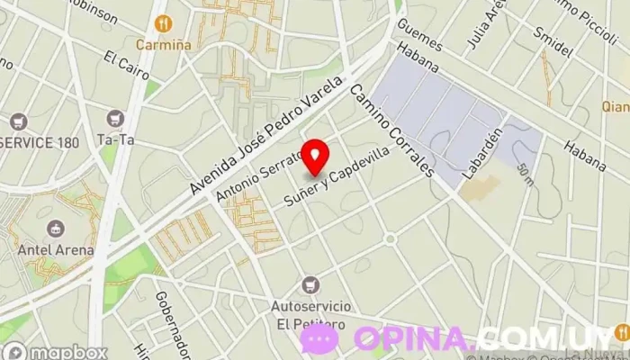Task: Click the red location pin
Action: [x=314, y=157]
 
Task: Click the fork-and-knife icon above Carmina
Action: [x=162, y=22]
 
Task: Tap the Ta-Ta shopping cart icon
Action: [x=114, y=118]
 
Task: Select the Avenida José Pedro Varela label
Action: [x=266, y=138]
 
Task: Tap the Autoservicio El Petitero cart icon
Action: [x=311, y=284]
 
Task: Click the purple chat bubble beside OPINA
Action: [x=319, y=339]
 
